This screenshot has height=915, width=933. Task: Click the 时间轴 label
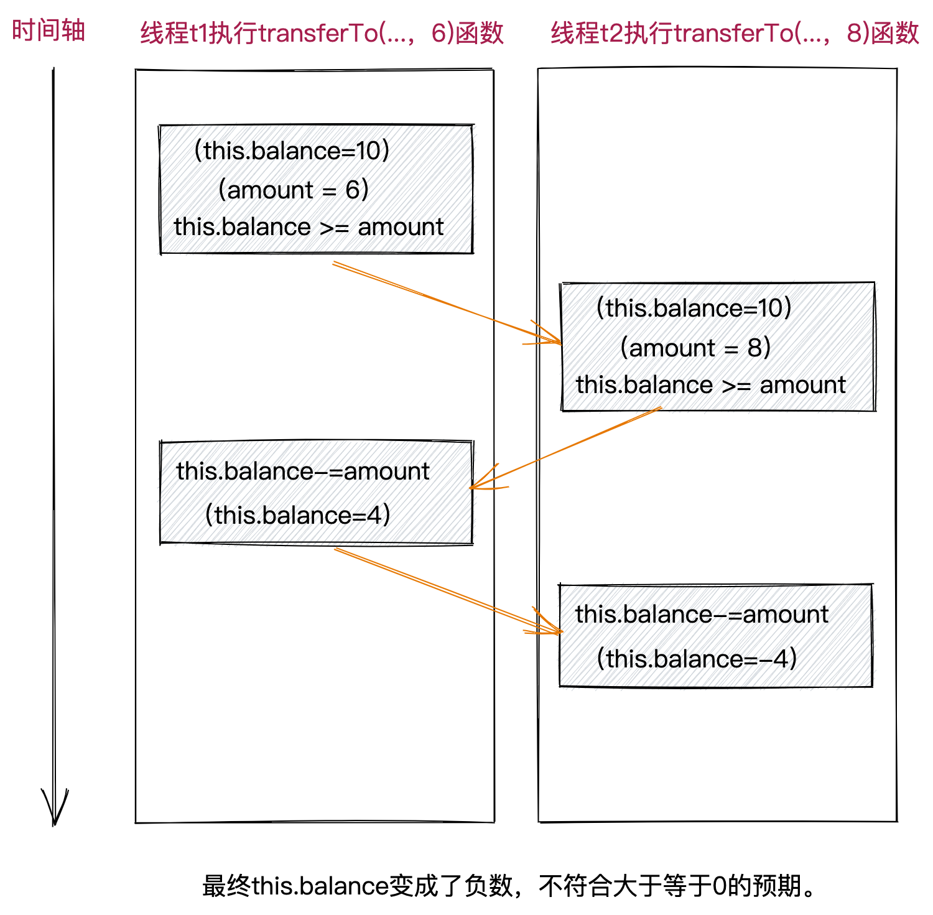pyautogui.click(x=48, y=30)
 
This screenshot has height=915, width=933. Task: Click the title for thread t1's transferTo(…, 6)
pyautogui.click(x=322, y=33)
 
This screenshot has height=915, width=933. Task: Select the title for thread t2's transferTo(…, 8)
pyautogui.click(x=735, y=33)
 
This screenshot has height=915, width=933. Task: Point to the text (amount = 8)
pyautogui.click(x=695, y=348)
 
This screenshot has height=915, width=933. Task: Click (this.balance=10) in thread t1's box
pyautogui.click(x=292, y=151)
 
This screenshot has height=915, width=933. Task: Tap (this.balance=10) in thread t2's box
pyautogui.click(x=694, y=309)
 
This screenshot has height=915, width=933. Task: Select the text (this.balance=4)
pyautogui.click(x=298, y=515)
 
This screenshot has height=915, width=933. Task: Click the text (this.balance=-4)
pyautogui.click(x=697, y=659)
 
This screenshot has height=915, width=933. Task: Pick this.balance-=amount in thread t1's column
pyautogui.click(x=303, y=471)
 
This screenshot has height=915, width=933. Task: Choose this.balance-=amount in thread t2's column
pyautogui.click(x=702, y=615)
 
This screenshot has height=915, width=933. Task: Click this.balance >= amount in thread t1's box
pyautogui.click(x=309, y=227)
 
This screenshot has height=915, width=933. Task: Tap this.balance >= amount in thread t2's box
pyautogui.click(x=710, y=385)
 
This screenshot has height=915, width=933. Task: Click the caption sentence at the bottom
pyautogui.click(x=508, y=886)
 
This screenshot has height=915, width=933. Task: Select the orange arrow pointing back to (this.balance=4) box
pyautogui.click(x=566, y=448)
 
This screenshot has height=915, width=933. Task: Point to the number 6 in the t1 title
pyautogui.click(x=439, y=33)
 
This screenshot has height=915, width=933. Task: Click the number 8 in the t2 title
pyautogui.click(x=855, y=33)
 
